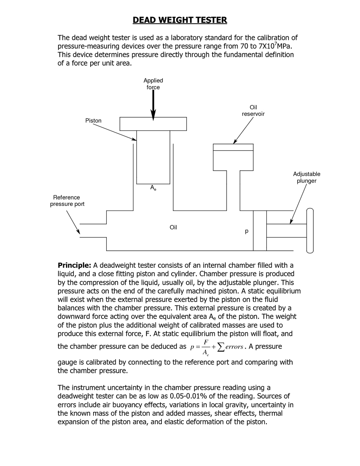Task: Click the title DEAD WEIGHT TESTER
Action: [180, 20]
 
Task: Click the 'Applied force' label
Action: [153, 84]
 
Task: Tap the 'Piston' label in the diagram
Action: [93, 121]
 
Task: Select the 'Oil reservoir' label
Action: [253, 111]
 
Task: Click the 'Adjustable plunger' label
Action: [307, 178]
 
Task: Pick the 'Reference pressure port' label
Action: [66, 201]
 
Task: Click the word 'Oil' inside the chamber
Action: [173, 227]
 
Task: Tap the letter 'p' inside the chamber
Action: [246, 232]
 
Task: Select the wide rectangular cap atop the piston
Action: [153, 124]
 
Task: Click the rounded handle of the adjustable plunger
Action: [310, 230]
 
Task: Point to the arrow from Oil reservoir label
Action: [244, 130]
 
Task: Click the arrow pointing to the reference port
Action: [73, 222]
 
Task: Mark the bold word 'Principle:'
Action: [74, 266]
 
